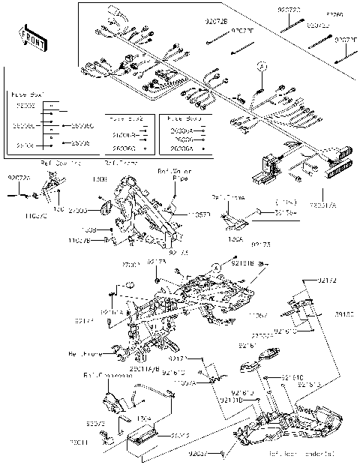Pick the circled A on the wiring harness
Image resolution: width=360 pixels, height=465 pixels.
[262, 66]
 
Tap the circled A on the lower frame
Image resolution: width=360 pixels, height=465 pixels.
[214, 267]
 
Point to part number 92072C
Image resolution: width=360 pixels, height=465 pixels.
[19, 178]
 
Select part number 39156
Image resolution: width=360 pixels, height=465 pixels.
[343, 316]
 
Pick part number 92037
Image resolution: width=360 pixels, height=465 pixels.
[199, 454]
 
